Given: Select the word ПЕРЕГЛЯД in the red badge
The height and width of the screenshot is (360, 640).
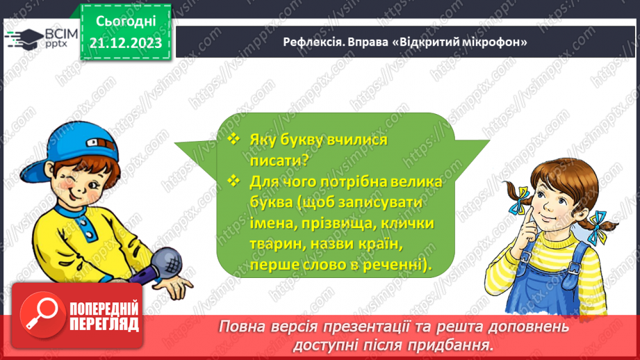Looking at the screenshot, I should click(x=104, y=323).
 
